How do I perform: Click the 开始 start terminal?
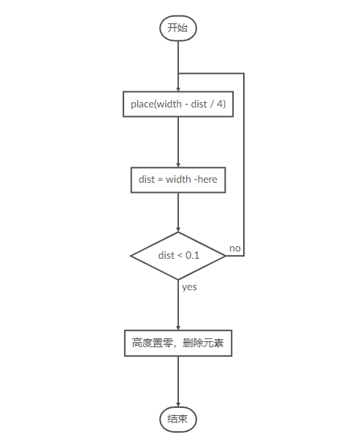[x=178, y=29]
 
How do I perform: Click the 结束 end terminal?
[x=178, y=419]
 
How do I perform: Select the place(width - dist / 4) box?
[x=178, y=105]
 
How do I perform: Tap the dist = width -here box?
[x=178, y=179]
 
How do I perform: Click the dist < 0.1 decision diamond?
[x=178, y=255]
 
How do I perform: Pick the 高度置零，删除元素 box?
[x=178, y=343]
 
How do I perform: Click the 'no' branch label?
[x=235, y=249]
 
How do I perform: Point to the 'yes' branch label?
[x=189, y=287]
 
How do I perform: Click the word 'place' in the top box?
[x=142, y=105]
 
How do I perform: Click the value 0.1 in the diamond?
[x=192, y=255]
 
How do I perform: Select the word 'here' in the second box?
[x=207, y=179]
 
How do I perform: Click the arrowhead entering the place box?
[x=178, y=88]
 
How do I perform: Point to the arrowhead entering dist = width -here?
[x=178, y=164]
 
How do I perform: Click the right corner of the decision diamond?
[x=225, y=255]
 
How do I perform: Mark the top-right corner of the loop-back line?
[x=243, y=73]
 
